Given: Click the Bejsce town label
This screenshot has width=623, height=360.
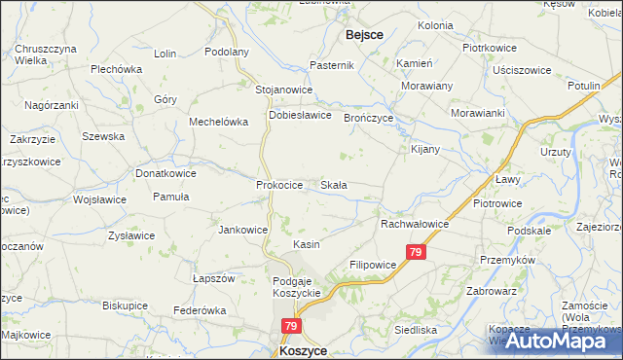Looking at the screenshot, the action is point(364,35).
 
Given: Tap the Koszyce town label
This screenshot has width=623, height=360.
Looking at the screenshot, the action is point(302,350).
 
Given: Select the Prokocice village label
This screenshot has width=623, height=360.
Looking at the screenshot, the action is point(280,184).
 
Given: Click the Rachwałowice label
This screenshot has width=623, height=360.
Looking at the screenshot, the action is point(415,224).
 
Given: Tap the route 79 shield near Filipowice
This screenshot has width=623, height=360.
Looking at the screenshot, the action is point(417,252).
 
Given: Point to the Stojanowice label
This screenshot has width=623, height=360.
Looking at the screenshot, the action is point(283,90).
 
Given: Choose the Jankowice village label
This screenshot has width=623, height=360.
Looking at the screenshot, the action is point(243,230).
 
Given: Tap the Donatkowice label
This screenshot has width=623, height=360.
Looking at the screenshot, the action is point(165,173).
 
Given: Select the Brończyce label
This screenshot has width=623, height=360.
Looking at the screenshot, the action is point(367,118).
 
